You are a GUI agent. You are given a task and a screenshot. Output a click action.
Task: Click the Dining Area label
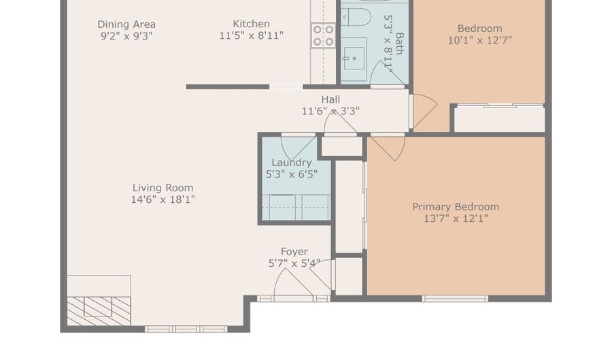(x=126, y=24)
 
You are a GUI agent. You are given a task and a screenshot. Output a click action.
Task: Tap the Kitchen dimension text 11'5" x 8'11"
(x=252, y=35)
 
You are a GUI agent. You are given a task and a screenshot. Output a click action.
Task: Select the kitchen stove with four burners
(x=323, y=35)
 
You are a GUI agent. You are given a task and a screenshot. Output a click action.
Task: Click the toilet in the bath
(x=356, y=17)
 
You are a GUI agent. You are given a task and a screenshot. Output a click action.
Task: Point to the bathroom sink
(x=354, y=59)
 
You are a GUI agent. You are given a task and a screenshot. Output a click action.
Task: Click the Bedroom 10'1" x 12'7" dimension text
(x=479, y=40)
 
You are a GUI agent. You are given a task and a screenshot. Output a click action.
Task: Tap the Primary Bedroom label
(x=456, y=207)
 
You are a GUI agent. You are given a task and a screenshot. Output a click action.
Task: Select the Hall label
(x=330, y=99)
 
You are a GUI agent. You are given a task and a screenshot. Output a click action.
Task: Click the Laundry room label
(x=292, y=163)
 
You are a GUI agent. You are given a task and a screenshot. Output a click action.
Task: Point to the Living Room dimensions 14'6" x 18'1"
(x=163, y=199)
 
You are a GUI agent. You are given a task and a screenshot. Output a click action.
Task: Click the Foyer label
(x=294, y=251)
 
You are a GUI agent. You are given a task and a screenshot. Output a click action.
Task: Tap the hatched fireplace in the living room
(x=99, y=311)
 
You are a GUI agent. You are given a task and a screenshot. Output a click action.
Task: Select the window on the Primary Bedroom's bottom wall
(x=455, y=299)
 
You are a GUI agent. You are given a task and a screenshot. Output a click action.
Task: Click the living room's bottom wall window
(x=186, y=329)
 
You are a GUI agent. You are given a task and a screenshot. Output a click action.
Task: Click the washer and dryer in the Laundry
(x=296, y=208)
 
